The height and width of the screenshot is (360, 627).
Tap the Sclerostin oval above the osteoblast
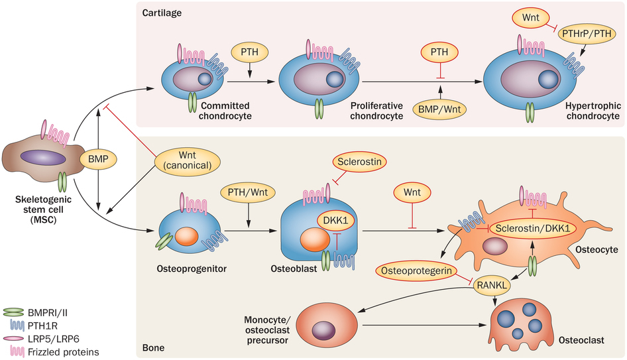[361, 162]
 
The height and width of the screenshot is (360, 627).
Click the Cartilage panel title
[161, 13]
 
